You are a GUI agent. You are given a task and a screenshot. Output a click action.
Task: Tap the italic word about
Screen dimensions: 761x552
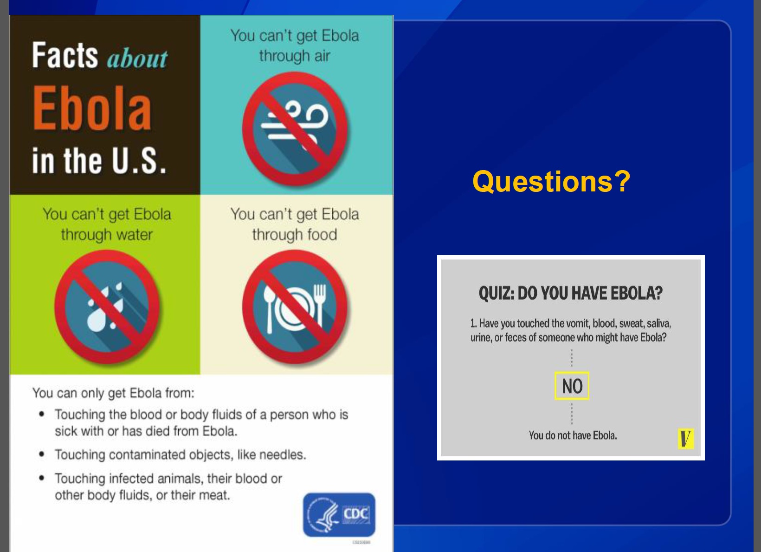pos(137,59)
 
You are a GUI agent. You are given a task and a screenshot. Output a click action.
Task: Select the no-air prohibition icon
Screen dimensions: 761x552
pos(295,129)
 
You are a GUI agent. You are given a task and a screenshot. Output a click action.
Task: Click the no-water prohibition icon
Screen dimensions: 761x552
pos(107,307)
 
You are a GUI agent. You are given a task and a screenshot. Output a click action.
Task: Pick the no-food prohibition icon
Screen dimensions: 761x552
pos(295,307)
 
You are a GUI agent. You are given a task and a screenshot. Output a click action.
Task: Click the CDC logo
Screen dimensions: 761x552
pos(339,515)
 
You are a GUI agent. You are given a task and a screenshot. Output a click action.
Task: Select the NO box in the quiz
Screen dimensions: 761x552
pos(572,386)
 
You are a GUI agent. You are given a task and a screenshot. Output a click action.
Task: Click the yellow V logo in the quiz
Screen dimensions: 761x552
pos(685,439)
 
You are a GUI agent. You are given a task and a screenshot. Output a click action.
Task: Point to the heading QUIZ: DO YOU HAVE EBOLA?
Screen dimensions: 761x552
pos(571,293)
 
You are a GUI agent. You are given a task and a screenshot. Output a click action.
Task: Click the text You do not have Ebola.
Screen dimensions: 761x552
pos(573,435)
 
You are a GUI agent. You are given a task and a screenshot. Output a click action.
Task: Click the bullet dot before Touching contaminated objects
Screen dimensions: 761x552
pos(42,454)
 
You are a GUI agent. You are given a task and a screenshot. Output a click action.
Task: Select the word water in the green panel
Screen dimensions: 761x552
pos(135,235)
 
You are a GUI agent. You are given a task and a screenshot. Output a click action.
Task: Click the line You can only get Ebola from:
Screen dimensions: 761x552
pos(114,393)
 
